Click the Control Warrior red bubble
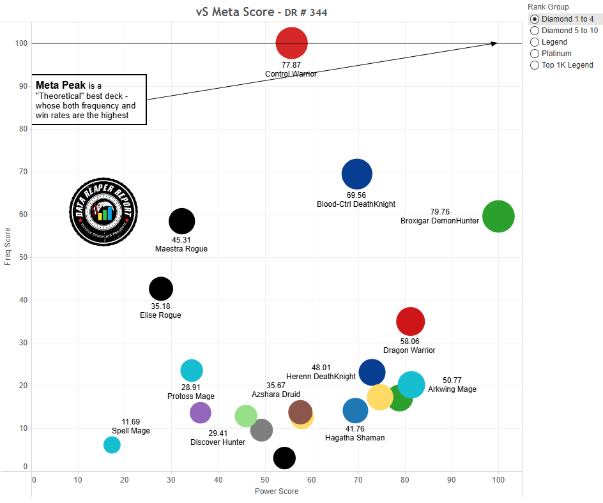click(x=291, y=43)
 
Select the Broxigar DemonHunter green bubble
click(x=498, y=217)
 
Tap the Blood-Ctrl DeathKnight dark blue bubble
click(x=356, y=173)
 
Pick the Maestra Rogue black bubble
click(x=181, y=221)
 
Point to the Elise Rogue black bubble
click(x=161, y=289)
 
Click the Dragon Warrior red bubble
click(x=410, y=321)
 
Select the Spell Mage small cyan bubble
click(x=112, y=445)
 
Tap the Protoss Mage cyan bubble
click(x=192, y=370)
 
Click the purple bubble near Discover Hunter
click(x=201, y=412)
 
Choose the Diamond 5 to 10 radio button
click(x=535, y=31)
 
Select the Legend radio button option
click(x=535, y=42)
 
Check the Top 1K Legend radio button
click(x=535, y=65)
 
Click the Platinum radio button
click(x=535, y=54)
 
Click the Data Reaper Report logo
click(x=103, y=211)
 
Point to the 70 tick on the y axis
click(x=24, y=172)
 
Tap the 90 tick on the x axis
click(x=452, y=480)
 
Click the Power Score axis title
click(x=277, y=492)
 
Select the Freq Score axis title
click(x=8, y=248)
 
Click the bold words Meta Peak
click(x=61, y=85)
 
